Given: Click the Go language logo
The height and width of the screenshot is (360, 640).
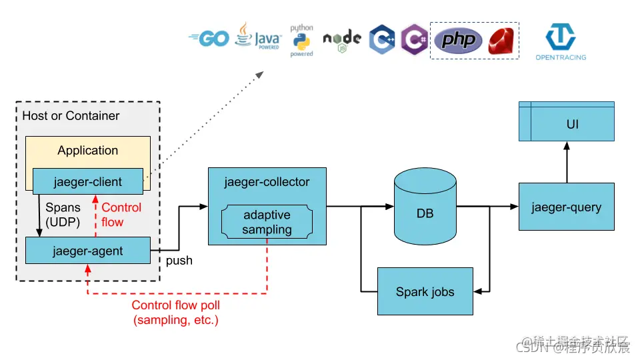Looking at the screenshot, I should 209,39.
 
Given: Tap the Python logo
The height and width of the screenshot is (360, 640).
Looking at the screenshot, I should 301,40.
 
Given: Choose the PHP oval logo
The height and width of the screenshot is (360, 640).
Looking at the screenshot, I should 458,41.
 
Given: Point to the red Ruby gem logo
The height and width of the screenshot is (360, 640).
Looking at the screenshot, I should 501,41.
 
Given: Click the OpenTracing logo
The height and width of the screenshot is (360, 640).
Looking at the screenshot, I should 561,41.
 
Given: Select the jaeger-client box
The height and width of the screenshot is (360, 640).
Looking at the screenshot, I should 87,181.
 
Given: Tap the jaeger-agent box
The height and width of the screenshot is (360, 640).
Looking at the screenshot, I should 87,251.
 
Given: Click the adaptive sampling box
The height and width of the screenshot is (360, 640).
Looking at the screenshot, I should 267,222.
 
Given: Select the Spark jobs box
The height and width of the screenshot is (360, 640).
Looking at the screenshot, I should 425,291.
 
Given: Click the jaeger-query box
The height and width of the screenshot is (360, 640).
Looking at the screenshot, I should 566,207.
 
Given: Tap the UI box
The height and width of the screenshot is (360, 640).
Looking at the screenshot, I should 566,125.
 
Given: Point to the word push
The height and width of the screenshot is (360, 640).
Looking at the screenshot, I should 179,261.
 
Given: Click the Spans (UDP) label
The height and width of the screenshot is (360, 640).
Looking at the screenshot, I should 64,215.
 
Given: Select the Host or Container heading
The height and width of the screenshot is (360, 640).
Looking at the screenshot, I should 71,116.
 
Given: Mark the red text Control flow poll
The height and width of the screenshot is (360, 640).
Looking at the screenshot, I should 176,305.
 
